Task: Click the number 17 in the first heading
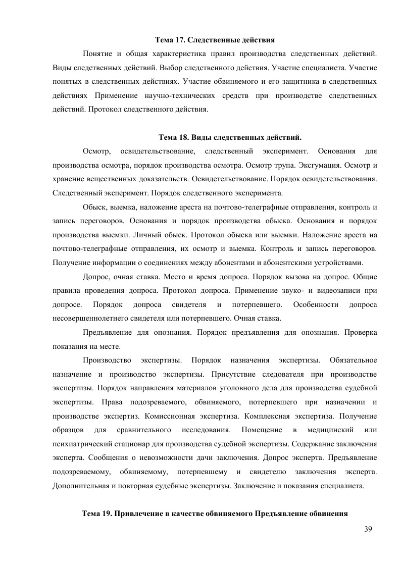point(179,39)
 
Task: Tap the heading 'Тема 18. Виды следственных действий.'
point(230,137)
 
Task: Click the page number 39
point(368,529)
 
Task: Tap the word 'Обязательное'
point(353,361)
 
